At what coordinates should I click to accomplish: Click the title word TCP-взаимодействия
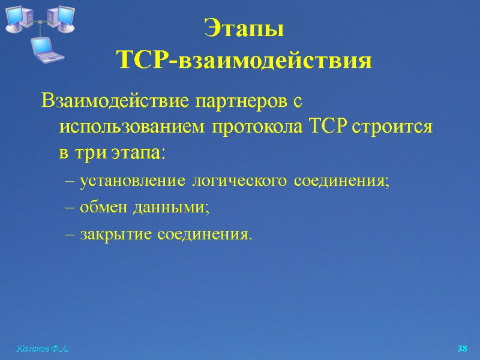coord(244,60)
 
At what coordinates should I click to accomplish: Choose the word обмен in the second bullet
coord(101,207)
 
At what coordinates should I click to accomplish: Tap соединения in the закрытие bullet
coord(204,233)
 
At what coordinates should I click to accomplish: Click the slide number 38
coord(462,349)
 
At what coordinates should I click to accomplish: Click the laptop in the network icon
coord(47,48)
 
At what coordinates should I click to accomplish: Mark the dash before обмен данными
coord(69,208)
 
